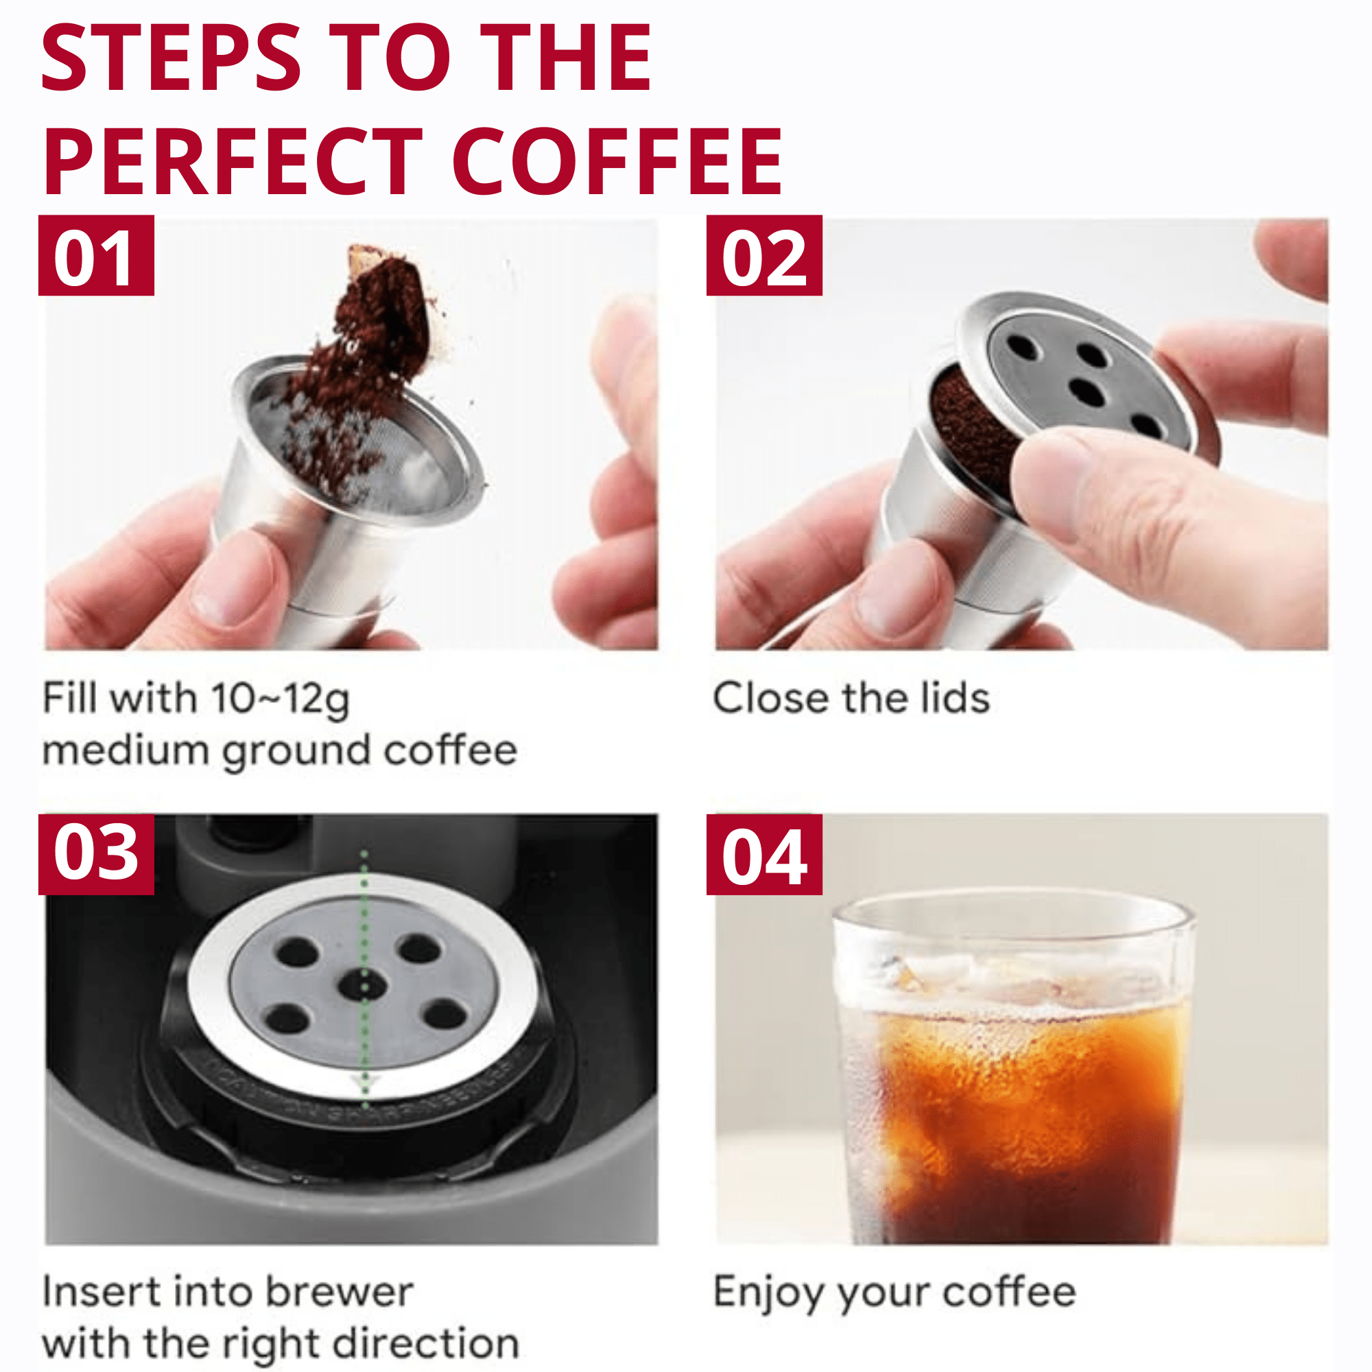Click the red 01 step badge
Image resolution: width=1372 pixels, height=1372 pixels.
coord(96,255)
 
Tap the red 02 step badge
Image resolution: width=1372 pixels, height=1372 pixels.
coord(764,255)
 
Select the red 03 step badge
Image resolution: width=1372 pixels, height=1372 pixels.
coord(96,854)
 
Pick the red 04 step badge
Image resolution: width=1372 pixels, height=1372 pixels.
coord(764,854)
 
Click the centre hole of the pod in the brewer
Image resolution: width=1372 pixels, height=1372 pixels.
coord(363,985)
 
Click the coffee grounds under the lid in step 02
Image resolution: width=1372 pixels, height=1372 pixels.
coord(969,426)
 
